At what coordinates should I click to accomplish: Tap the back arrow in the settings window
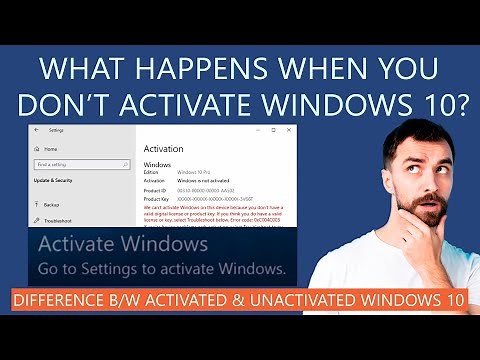click(36, 130)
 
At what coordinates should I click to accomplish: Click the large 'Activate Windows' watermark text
click(122, 245)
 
